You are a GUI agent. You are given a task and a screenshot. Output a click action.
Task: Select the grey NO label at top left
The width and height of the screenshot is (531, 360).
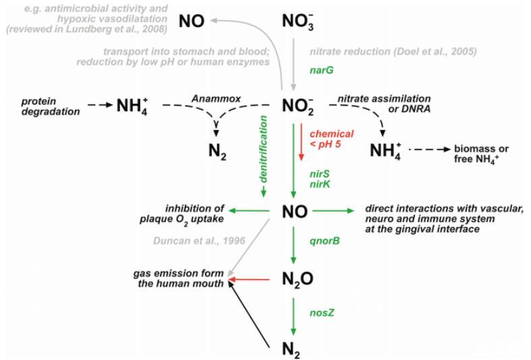point(192,22)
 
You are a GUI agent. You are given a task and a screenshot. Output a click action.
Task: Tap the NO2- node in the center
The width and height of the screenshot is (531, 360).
point(298,106)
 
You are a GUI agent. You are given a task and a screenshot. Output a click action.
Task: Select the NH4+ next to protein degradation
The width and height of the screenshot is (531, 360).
point(132,106)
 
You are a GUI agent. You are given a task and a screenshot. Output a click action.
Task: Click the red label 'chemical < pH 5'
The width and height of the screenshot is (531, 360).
point(331,140)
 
